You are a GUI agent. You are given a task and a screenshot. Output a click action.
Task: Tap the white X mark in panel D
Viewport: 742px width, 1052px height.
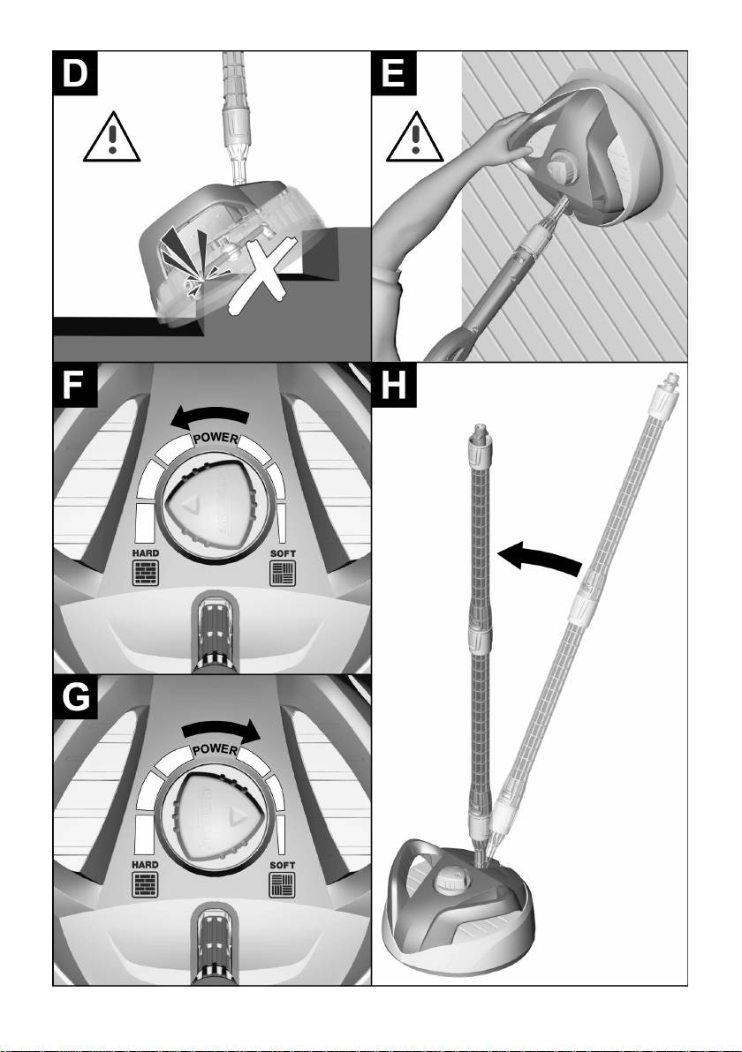[x=257, y=276]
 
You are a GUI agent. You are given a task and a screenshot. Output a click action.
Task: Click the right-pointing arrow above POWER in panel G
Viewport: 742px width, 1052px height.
[x=223, y=730]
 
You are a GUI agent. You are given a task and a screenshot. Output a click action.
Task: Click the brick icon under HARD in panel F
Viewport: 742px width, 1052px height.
[x=145, y=575]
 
